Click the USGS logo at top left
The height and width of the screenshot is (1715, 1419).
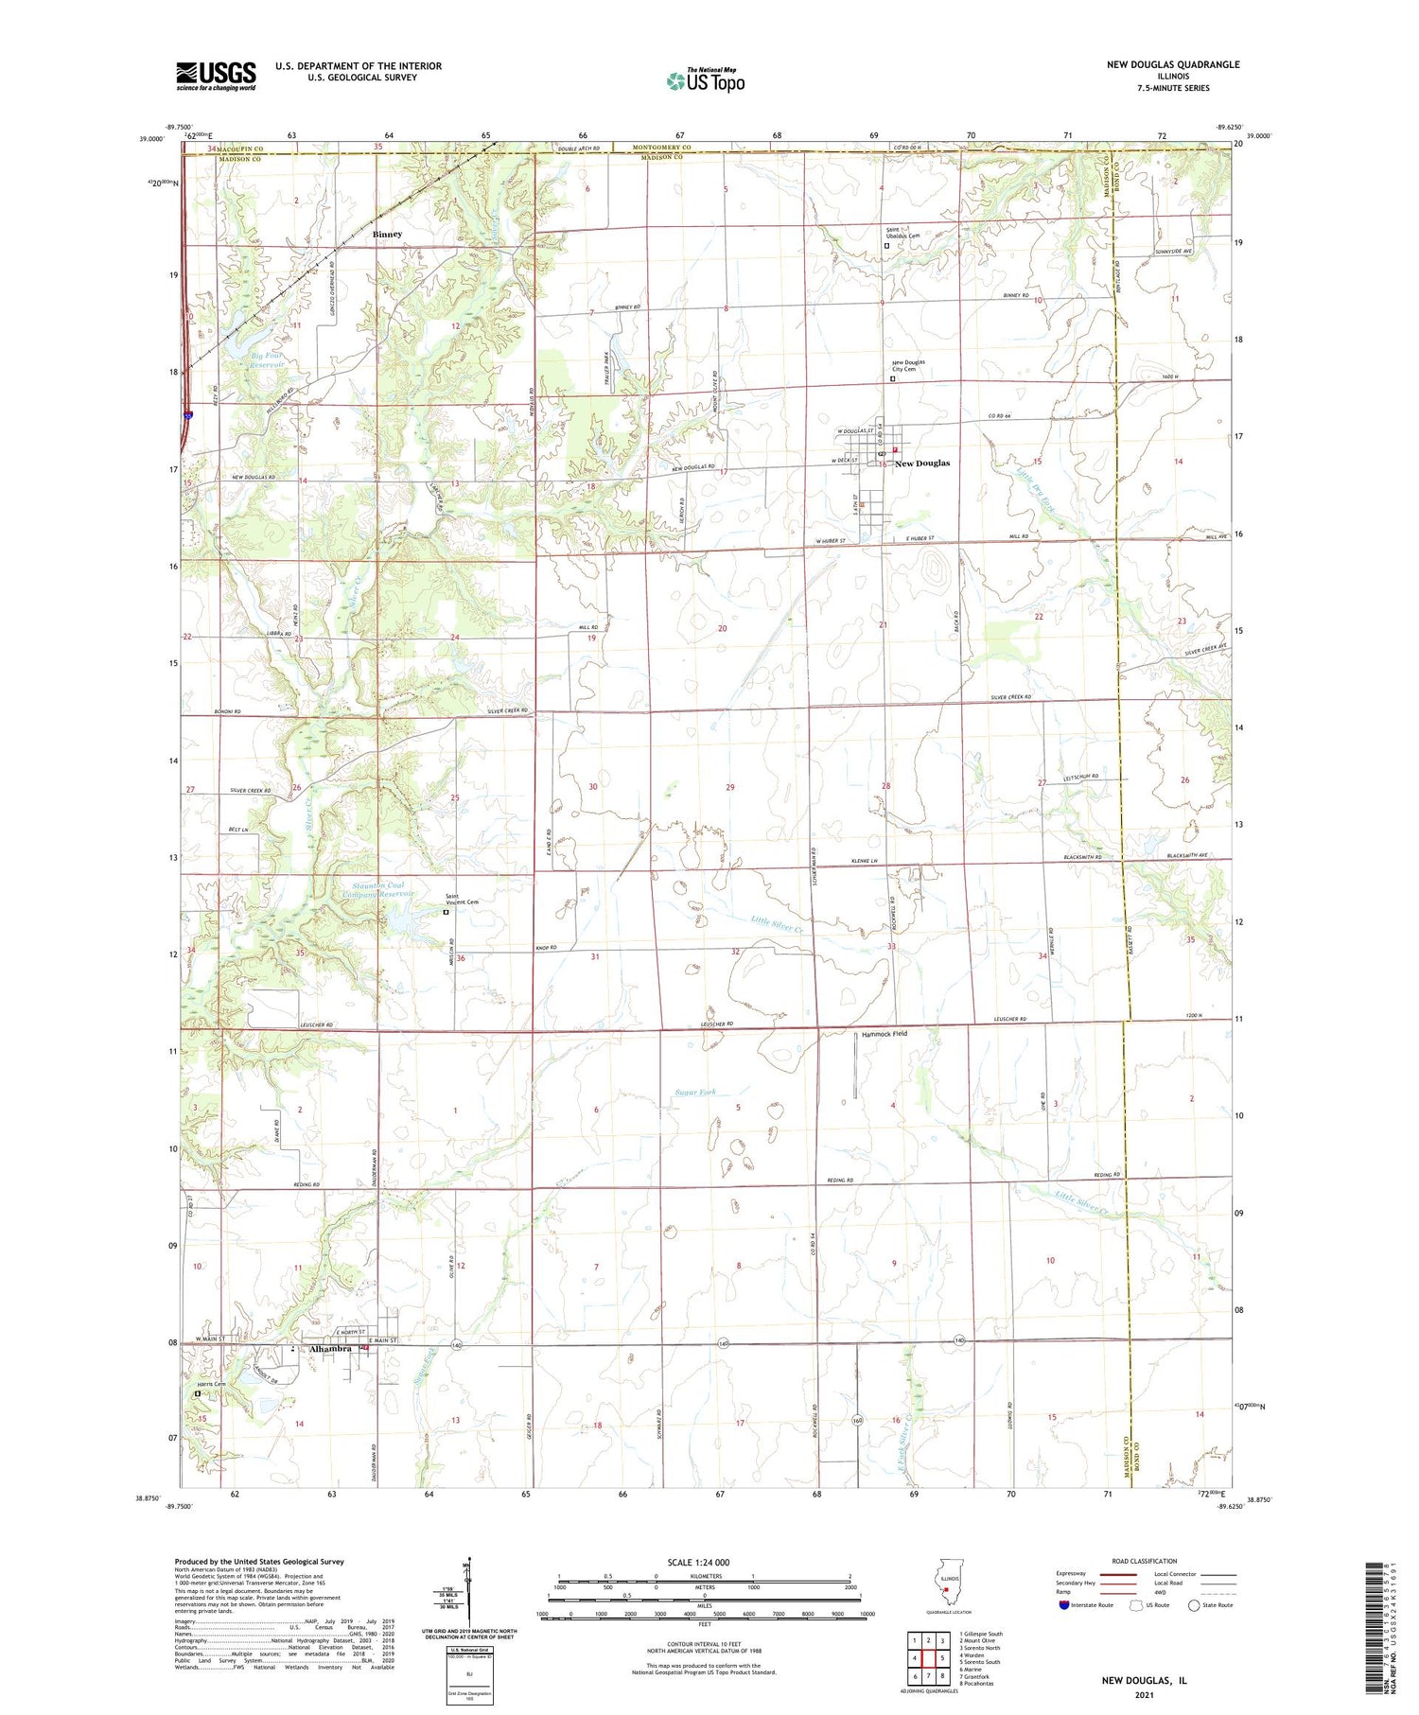216,76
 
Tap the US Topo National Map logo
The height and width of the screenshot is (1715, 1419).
705,80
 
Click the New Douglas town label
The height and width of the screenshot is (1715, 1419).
921,464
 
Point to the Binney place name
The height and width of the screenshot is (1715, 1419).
387,234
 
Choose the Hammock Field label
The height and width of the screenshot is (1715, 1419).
884,1034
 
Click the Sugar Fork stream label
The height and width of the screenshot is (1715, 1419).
695,1092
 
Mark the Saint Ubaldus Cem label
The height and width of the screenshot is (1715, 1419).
902,232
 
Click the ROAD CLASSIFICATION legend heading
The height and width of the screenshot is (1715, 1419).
1145,1561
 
